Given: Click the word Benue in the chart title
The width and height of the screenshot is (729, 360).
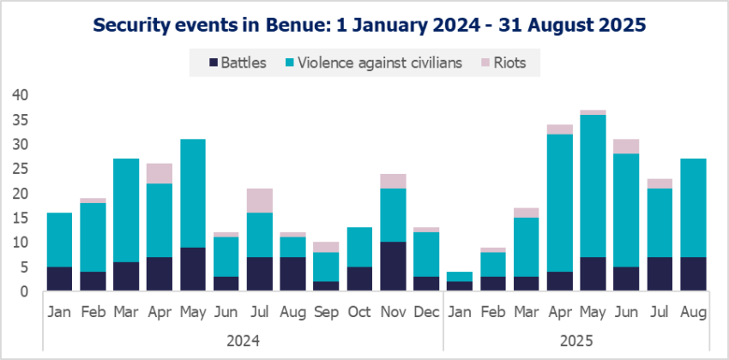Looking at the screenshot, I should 300,26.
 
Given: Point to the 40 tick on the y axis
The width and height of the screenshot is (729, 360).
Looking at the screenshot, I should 21,95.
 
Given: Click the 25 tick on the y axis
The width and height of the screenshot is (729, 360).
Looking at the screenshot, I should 21,169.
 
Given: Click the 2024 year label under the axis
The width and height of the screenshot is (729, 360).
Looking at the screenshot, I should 243,340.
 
